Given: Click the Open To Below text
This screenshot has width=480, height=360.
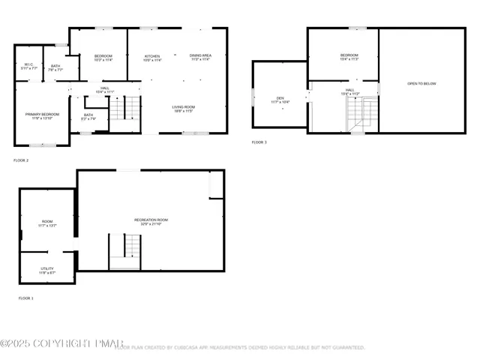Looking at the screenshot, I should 421,83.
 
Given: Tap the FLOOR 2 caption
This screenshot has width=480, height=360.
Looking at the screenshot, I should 21,160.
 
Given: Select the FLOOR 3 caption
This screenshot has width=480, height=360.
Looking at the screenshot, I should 259,142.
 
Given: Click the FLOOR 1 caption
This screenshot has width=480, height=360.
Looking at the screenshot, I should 25,298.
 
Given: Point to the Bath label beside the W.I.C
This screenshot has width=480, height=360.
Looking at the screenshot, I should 55,67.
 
